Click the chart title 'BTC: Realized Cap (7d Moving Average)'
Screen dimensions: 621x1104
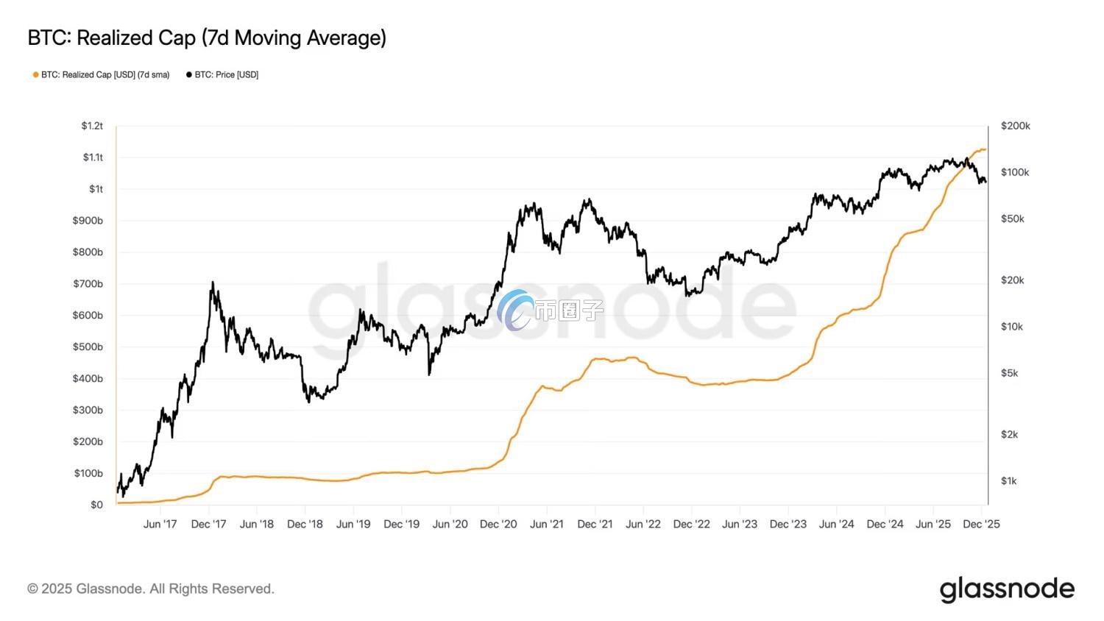207,38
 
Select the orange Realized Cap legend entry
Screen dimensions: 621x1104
102,75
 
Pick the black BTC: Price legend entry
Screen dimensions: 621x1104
223,75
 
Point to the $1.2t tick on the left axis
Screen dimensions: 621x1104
92,126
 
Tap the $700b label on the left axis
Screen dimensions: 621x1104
88,284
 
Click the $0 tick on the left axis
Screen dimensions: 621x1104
96,505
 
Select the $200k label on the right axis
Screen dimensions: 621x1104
1015,126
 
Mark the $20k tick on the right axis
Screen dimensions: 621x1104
1012,280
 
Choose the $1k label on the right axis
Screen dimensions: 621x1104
1009,481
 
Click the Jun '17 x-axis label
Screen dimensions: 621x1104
160,525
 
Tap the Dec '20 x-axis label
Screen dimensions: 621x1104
498,525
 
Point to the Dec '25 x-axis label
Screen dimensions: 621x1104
981,525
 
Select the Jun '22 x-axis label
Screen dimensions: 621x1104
643,525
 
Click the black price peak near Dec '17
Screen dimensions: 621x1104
213,282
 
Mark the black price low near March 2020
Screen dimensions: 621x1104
429,375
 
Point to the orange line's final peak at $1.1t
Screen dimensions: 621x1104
983,149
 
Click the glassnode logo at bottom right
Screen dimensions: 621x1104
1006,589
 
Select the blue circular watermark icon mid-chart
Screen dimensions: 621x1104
515,310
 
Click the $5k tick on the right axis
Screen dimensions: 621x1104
1009,373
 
